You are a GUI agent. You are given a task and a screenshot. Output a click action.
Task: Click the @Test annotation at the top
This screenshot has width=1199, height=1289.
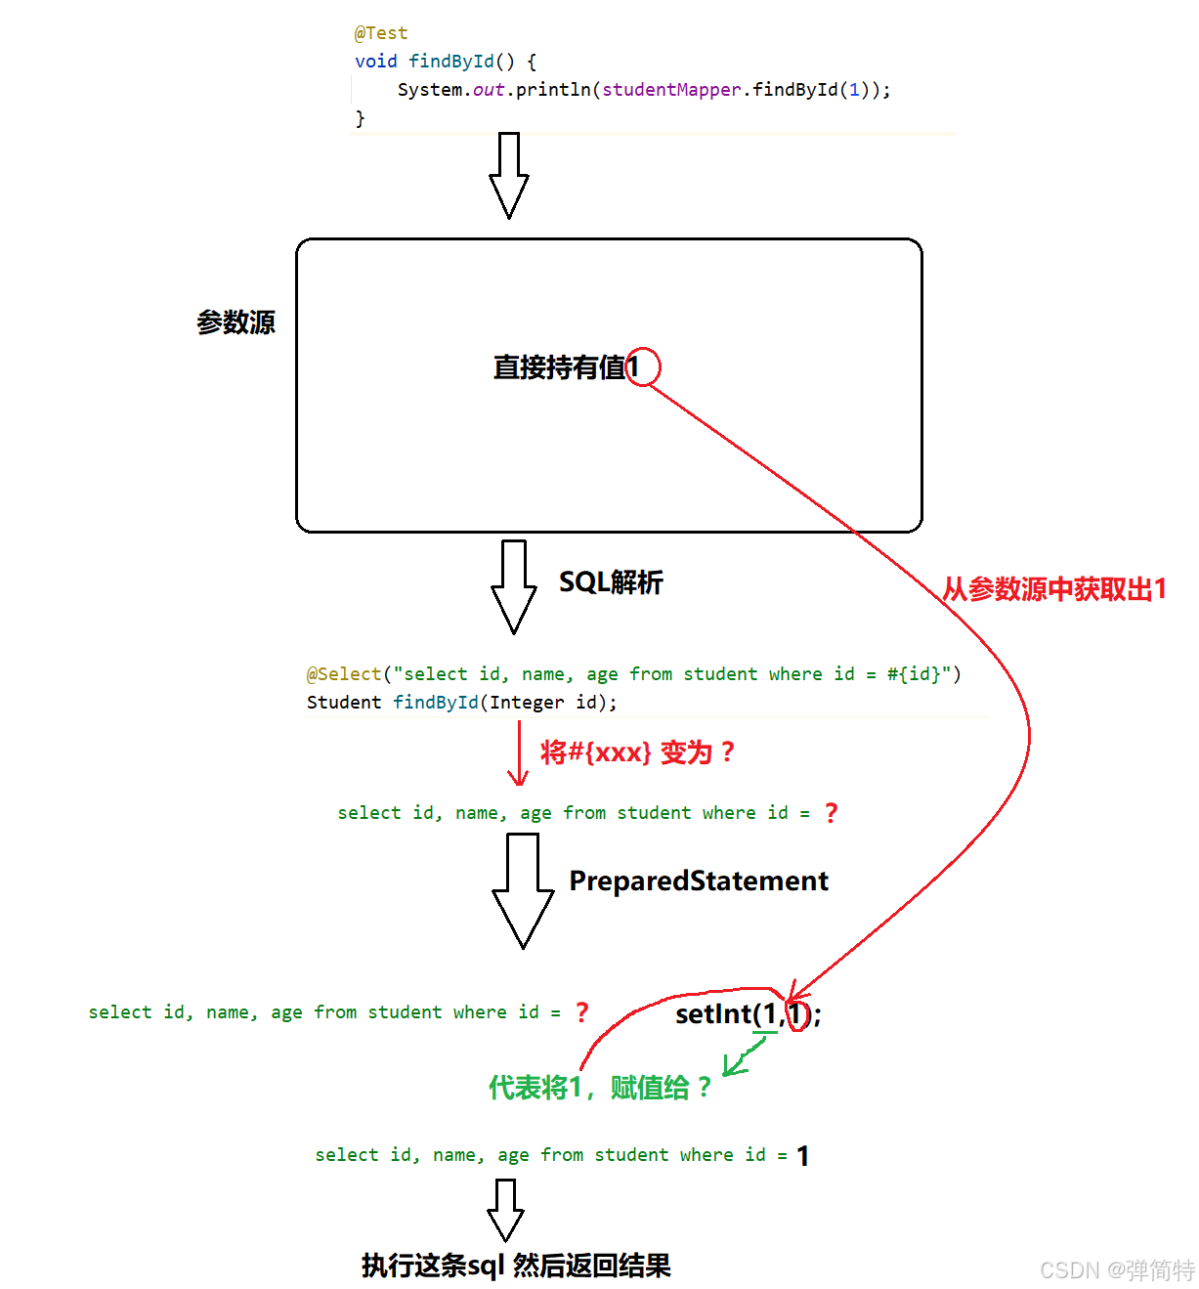click(381, 33)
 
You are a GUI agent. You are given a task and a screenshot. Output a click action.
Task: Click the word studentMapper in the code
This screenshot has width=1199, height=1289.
click(671, 90)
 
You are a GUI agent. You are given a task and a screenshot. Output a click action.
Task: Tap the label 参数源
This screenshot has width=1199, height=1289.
click(236, 322)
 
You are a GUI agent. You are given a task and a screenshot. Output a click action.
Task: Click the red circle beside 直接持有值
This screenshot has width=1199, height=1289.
click(644, 366)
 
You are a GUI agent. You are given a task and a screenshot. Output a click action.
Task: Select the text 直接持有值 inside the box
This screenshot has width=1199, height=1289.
click(559, 367)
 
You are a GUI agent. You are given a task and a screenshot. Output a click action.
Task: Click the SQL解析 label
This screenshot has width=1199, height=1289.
click(611, 582)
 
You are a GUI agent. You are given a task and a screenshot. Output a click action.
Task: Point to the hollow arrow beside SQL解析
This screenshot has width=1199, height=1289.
click(513, 586)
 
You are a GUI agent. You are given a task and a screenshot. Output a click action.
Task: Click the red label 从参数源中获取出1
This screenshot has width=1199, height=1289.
click(1054, 589)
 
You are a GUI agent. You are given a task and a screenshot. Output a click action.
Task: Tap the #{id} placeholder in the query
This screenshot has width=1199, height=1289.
click(914, 674)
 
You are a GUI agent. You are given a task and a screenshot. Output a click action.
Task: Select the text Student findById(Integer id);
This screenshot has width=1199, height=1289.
click(461, 703)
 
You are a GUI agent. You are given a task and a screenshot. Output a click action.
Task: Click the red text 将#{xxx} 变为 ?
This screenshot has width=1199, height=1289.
click(637, 752)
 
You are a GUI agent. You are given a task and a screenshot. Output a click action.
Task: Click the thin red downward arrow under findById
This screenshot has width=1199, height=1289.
click(518, 754)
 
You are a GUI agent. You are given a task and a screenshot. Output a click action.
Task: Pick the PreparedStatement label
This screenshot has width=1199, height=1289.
click(699, 881)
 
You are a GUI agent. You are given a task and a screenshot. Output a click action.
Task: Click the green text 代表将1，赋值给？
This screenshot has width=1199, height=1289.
click(600, 1088)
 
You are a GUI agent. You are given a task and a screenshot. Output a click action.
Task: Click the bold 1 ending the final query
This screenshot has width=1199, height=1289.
click(802, 1157)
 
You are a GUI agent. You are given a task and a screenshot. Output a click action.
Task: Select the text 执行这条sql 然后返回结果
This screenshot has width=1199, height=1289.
click(516, 1267)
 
